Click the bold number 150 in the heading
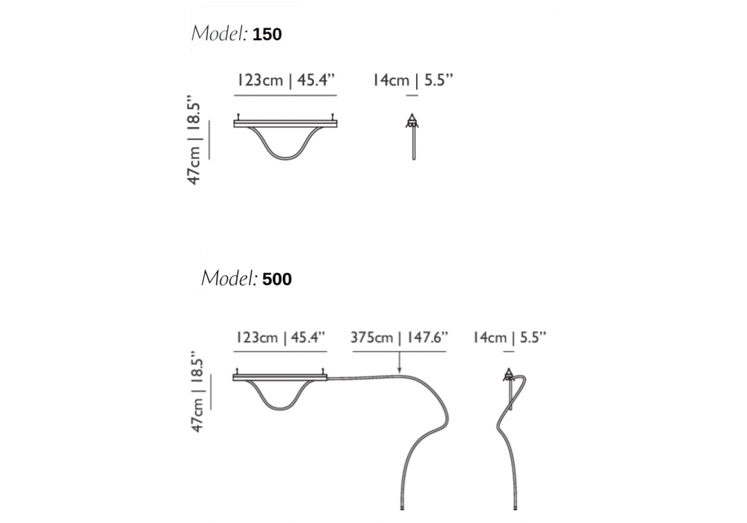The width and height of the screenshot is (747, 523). tap(267, 34)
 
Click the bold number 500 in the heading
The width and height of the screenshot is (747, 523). tap(277, 279)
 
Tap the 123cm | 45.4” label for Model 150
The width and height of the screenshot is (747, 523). tap(286, 80)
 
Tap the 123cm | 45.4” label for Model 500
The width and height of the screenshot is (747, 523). tap(281, 337)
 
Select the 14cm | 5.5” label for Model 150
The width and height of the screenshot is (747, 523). tap(412, 80)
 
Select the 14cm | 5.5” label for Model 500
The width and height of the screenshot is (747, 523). tap(509, 337)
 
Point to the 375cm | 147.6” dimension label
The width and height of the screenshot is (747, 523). tap(399, 337)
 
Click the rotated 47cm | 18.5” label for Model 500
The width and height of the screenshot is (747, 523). tap(196, 392)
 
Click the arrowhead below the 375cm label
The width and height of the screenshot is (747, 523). tap(399, 370)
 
